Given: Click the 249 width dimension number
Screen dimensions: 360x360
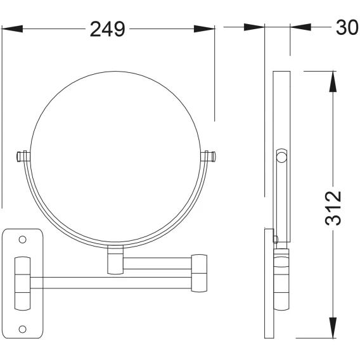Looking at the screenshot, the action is (x=108, y=29).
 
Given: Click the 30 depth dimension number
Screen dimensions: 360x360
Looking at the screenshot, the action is (x=347, y=27).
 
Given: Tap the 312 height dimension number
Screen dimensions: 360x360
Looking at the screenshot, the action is (x=333, y=208).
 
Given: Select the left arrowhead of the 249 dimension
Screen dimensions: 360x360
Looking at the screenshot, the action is (x=12, y=29).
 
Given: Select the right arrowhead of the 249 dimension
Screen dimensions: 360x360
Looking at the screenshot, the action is (x=204, y=29).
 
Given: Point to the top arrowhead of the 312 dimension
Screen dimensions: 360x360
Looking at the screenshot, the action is (x=333, y=82).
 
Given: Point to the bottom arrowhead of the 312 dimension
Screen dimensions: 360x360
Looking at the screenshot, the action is (x=333, y=328).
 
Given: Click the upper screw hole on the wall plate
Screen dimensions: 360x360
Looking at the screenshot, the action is (x=23, y=240).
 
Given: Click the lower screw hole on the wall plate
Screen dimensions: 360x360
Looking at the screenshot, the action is (x=23, y=329).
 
